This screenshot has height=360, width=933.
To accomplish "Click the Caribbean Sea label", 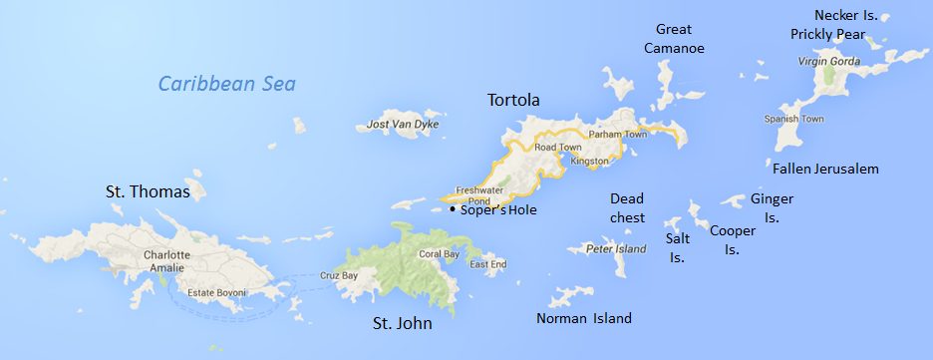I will pos(227,84).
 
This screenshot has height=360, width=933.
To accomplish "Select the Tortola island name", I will pos(513,100).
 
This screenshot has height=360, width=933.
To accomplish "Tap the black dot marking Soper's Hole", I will pos(452,210).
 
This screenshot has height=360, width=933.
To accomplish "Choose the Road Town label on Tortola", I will pos(557,147).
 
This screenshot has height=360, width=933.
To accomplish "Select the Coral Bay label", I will pos(439,253).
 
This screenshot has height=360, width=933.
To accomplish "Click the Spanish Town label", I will pos(793,120).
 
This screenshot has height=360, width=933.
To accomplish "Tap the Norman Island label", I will pos(584,319).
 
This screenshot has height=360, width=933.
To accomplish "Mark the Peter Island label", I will pos(610,247).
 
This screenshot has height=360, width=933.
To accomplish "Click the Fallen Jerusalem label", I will pos(825,169).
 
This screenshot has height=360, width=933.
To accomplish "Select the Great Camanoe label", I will pos(674,38).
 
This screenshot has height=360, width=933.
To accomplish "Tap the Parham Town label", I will pos(618,134).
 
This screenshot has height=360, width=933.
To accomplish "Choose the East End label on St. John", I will pos(487,264).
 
